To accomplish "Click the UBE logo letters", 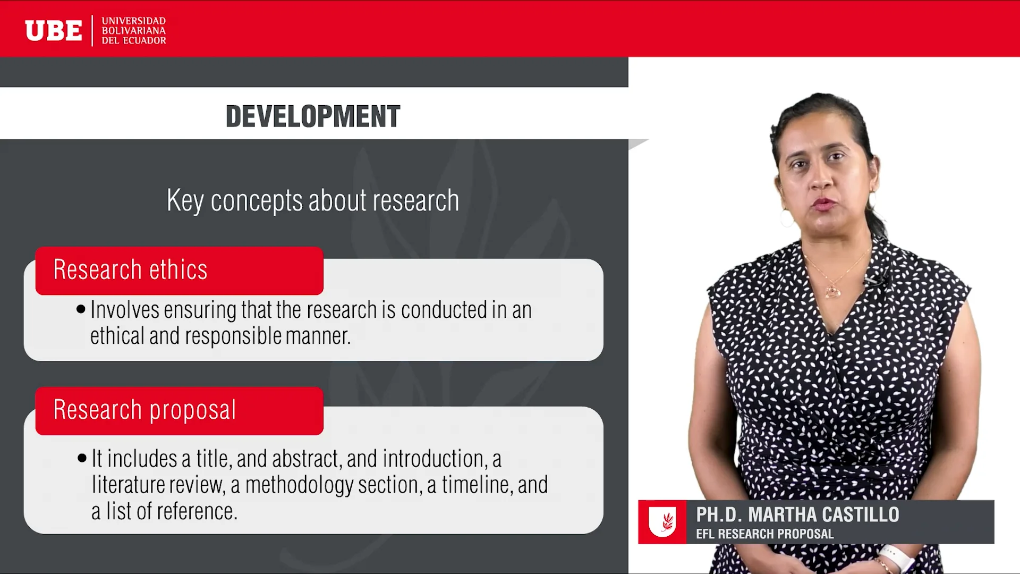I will [x=54, y=30].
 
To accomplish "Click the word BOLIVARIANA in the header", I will [x=133, y=30].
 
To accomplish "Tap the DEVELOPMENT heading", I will [x=312, y=116].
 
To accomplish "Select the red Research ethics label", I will [x=179, y=270].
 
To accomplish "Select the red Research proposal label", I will [x=179, y=410].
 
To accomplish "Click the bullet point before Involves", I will [x=81, y=309].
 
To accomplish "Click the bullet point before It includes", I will [x=82, y=458].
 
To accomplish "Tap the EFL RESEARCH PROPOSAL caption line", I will [x=764, y=534].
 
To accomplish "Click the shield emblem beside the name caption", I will [x=662, y=522].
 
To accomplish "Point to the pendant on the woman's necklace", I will [x=832, y=291].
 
